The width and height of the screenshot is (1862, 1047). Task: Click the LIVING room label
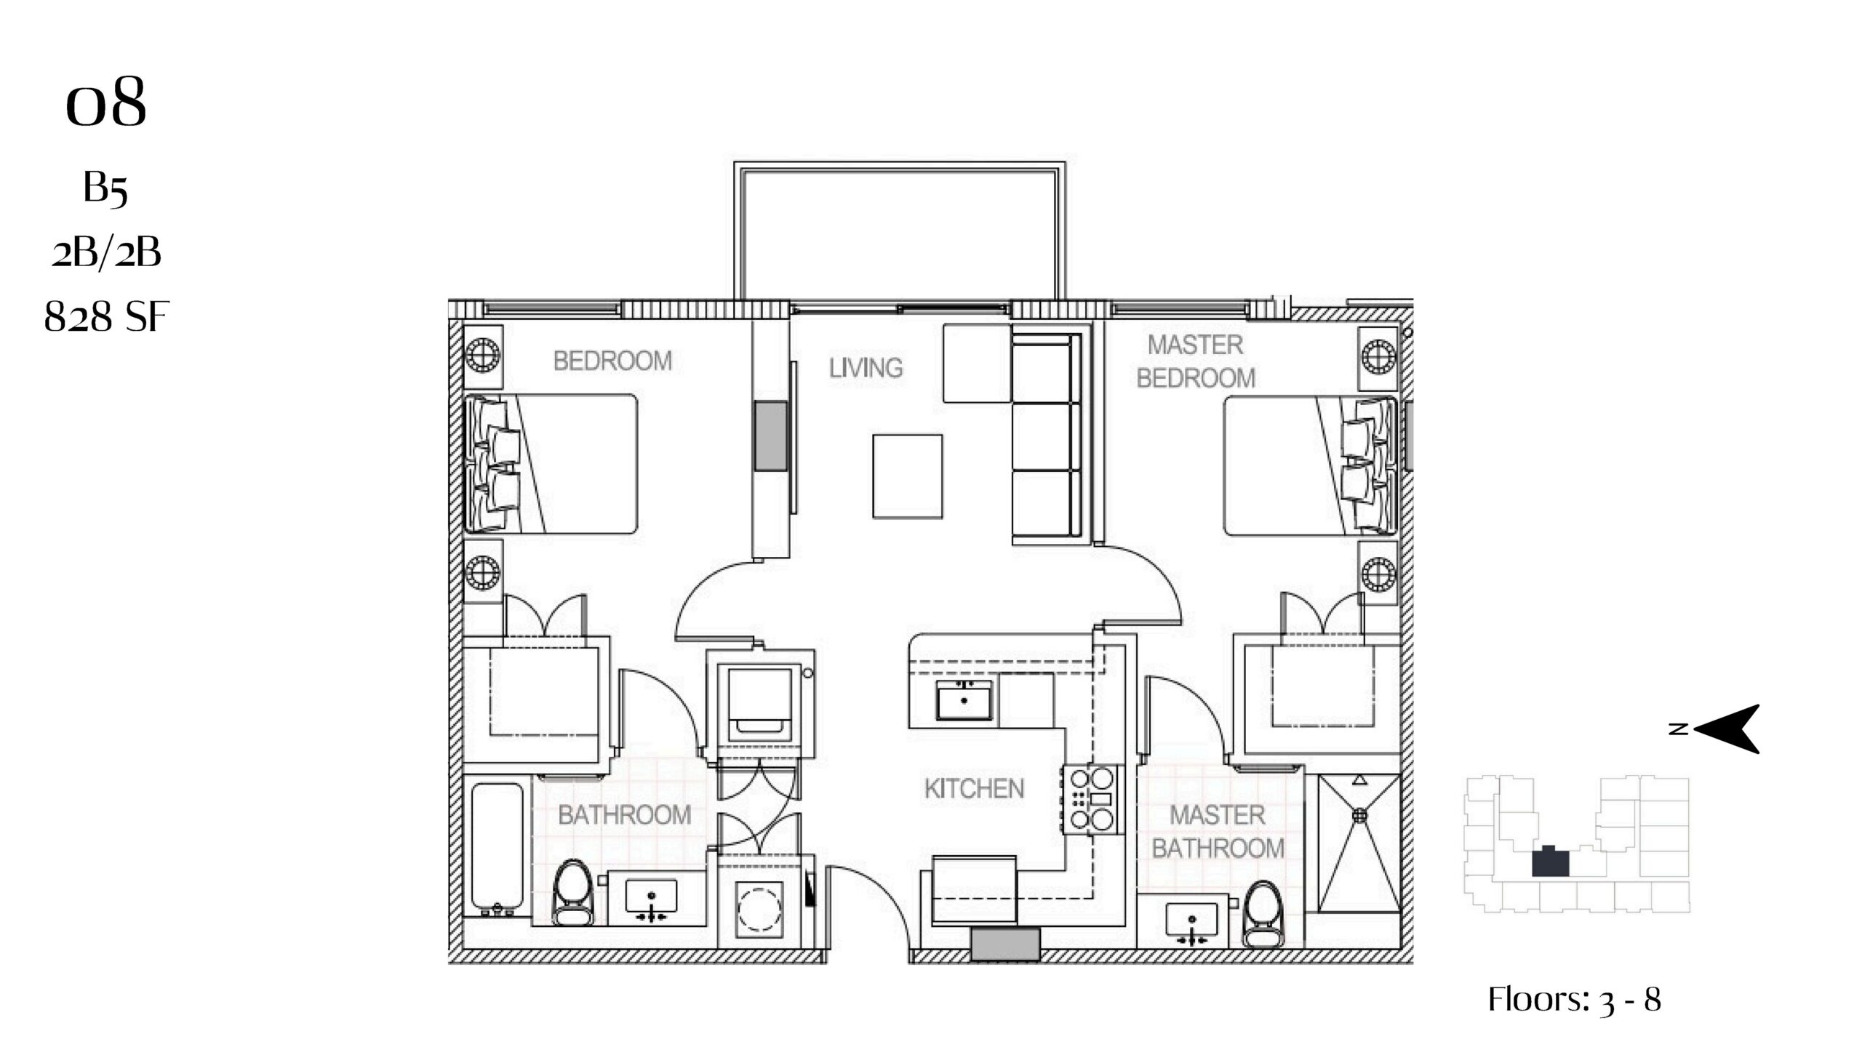pyautogui.click(x=866, y=368)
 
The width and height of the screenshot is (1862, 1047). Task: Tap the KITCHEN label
pyautogui.click(x=974, y=789)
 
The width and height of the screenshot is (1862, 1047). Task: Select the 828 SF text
pyautogui.click(x=106, y=317)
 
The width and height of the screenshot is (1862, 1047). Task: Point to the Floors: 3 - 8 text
pyautogui.click(x=1575, y=999)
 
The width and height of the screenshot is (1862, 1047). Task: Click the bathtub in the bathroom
pyautogui.click(x=497, y=848)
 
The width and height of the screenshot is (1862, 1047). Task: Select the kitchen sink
pyautogui.click(x=964, y=700)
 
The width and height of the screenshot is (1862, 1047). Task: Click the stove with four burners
pyautogui.click(x=1091, y=799)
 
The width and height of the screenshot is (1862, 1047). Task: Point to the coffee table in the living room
pyautogui.click(x=907, y=476)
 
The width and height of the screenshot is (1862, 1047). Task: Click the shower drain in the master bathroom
pyautogui.click(x=1359, y=816)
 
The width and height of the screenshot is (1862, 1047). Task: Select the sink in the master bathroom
pyautogui.click(x=1191, y=922)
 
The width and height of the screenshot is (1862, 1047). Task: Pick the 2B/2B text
pyautogui.click(x=106, y=253)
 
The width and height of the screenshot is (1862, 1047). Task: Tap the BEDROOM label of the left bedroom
pyautogui.click(x=612, y=361)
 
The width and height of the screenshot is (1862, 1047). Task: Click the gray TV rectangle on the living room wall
pyautogui.click(x=770, y=436)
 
